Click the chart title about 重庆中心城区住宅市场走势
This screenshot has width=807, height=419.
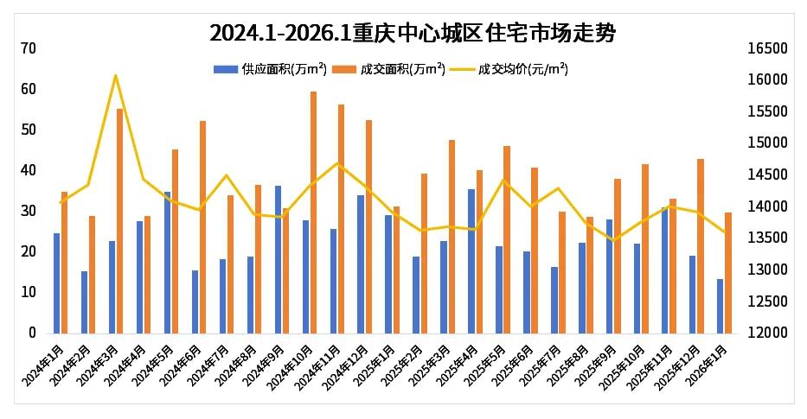coord(413,34)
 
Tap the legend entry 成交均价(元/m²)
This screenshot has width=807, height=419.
coord(522,69)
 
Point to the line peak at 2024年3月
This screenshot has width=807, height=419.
coord(116,76)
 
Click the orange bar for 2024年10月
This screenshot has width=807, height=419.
coord(313,212)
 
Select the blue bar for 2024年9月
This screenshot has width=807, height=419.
coord(278,259)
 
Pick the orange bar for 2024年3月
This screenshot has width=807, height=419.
coord(119,220)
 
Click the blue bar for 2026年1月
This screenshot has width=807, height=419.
coord(720,306)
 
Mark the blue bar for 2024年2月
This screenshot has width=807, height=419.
coord(84,302)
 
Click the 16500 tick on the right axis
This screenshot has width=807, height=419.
coord(767,48)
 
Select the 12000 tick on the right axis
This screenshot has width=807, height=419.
coord(767,333)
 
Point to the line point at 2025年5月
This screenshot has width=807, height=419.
coord(503,180)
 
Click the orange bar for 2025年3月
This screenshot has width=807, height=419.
coord(452,236)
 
